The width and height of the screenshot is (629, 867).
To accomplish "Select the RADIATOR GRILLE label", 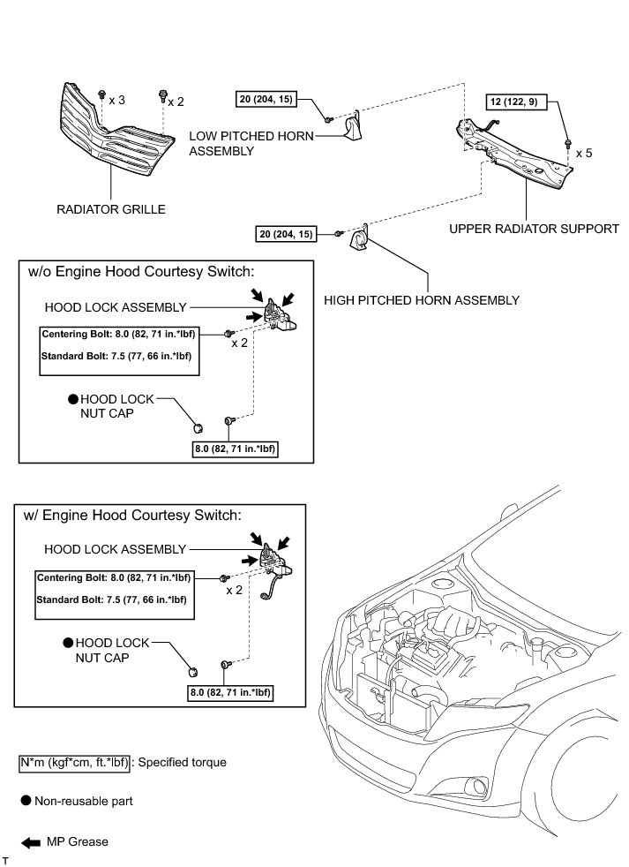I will (110, 209).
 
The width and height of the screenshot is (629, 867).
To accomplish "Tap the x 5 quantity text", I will (584, 153).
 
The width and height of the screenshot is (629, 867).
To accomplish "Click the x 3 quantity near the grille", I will (116, 101).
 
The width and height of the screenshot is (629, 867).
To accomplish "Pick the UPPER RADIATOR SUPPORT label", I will (534, 229).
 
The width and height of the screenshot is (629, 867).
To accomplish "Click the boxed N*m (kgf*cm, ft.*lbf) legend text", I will (75, 761).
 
